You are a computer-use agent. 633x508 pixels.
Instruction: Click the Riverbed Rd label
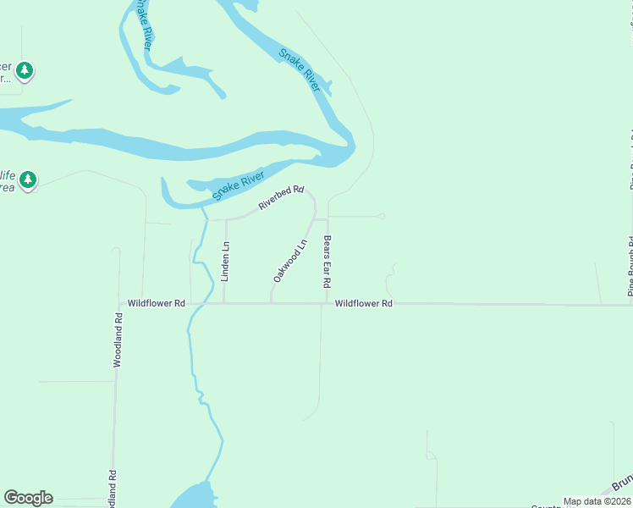tap(281, 197)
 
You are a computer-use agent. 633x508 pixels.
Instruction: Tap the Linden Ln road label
tap(225, 262)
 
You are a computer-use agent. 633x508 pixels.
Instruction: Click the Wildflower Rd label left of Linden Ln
tap(156, 303)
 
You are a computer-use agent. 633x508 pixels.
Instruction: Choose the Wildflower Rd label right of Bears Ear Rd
tap(364, 303)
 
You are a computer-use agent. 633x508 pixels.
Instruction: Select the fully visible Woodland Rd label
tap(118, 339)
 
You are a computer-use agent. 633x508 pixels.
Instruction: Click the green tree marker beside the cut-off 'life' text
tap(29, 179)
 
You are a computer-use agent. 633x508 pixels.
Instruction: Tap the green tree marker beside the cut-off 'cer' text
tap(25, 69)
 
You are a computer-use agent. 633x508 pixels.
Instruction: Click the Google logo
tap(28, 498)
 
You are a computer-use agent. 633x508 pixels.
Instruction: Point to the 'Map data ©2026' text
tap(597, 501)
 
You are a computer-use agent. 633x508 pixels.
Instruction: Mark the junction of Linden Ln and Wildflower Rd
tap(223, 303)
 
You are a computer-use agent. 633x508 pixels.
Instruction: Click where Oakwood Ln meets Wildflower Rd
tap(271, 303)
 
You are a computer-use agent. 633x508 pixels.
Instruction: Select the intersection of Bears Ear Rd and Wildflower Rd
tap(327, 303)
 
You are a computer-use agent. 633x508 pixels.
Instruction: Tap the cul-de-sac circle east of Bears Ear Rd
tap(382, 217)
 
